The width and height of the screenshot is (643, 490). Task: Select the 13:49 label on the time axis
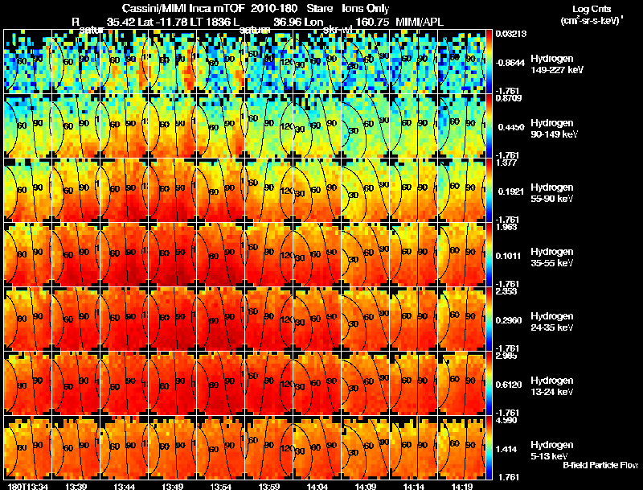pos(172,486)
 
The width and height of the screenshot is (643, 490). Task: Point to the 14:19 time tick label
pos(461,486)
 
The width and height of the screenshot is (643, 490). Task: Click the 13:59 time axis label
pos(268,486)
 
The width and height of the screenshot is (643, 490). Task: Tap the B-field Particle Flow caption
pos(600,465)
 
